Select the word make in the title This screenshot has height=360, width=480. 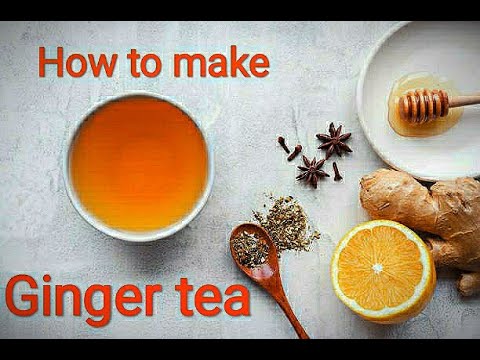221,63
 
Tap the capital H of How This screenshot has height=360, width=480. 52,63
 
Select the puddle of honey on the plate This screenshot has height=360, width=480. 405,118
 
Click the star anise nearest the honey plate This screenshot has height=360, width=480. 333,140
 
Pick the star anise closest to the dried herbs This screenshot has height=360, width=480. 312,170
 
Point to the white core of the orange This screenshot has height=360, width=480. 378,269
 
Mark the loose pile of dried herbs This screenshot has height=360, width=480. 286,222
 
